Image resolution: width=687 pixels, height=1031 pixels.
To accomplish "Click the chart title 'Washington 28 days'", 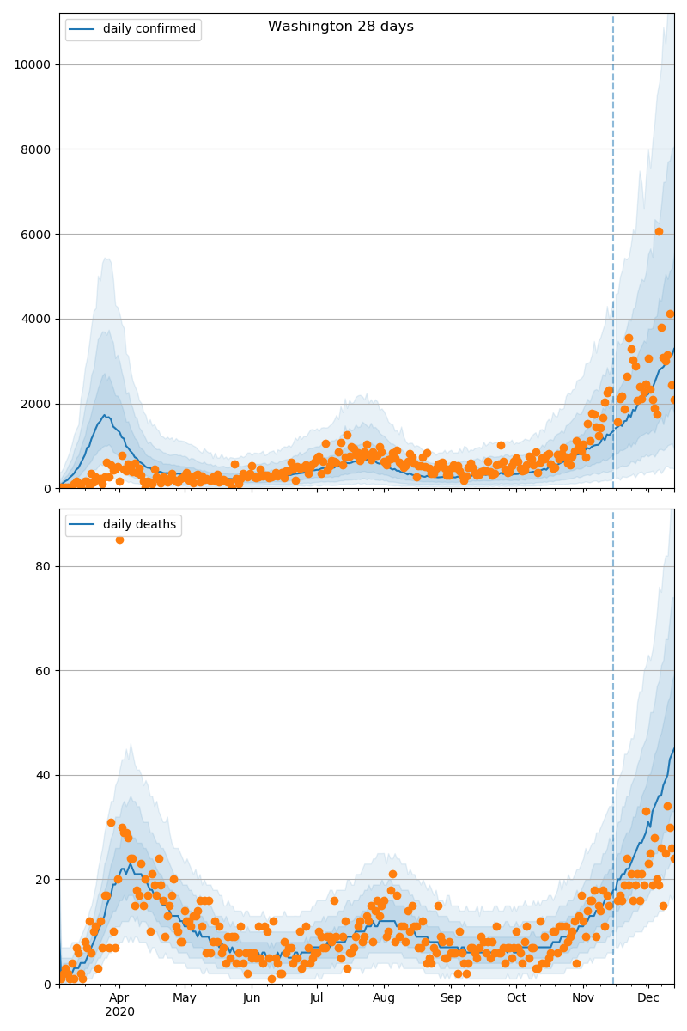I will [x=340, y=27].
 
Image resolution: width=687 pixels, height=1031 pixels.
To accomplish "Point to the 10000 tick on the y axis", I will [x=31, y=64].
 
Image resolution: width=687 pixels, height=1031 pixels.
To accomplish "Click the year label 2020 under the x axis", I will [x=119, y=1012].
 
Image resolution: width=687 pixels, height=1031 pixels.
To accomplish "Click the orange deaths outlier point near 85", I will [x=119, y=540].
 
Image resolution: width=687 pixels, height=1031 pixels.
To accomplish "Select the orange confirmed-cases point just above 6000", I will [x=659, y=231].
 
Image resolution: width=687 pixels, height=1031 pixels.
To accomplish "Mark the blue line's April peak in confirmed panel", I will [x=105, y=415].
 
